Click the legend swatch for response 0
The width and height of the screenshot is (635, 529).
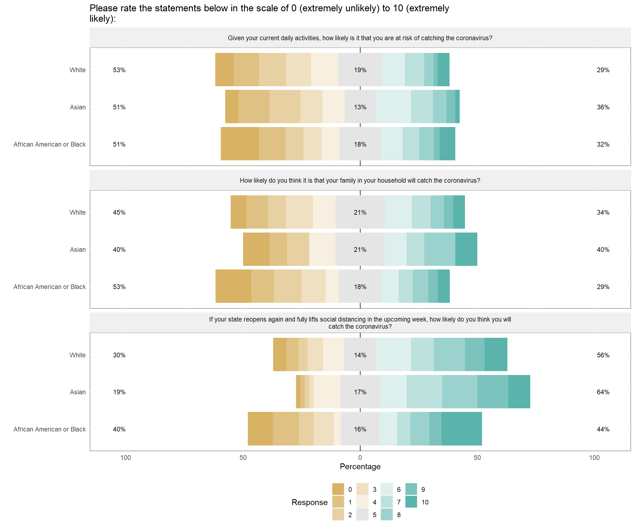coord(338,489)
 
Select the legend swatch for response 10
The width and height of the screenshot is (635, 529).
coord(411,502)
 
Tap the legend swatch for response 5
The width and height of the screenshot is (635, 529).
coord(362,514)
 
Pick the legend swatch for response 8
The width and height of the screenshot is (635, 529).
coord(386,514)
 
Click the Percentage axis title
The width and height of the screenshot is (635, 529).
coord(360,466)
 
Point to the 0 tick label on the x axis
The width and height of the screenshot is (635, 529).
coord(360,457)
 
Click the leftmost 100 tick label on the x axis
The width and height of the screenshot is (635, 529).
coord(125,457)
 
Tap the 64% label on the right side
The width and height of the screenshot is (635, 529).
coord(603,392)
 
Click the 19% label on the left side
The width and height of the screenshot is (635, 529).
coord(119,392)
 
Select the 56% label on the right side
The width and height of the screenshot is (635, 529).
coord(603,355)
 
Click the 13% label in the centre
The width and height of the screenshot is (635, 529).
coord(360,107)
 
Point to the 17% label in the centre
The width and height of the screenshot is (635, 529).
coord(360,392)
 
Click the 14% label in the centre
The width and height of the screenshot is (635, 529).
coord(360,355)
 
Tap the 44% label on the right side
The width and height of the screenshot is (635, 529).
coord(603,429)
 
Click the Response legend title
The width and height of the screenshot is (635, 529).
coord(309,502)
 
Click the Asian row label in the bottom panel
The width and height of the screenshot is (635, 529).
coord(78,392)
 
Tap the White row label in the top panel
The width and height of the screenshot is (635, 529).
coord(77,70)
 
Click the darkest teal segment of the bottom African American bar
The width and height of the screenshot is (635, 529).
coord(461,429)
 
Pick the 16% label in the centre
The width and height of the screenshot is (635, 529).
coord(360,429)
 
